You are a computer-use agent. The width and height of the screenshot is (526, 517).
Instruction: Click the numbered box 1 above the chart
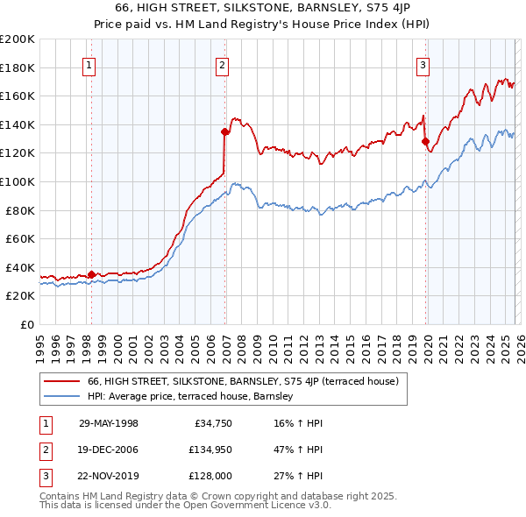(90, 64)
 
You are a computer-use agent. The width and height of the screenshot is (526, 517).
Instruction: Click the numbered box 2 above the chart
(223, 64)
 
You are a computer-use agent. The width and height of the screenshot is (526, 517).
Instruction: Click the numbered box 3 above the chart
(423, 64)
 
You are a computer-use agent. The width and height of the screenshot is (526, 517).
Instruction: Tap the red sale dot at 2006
(225, 132)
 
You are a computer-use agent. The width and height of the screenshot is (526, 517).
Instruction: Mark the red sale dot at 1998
(92, 274)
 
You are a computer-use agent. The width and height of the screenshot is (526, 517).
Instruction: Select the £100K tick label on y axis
(17, 181)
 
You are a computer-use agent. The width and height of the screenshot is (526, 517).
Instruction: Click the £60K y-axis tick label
(19, 238)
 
